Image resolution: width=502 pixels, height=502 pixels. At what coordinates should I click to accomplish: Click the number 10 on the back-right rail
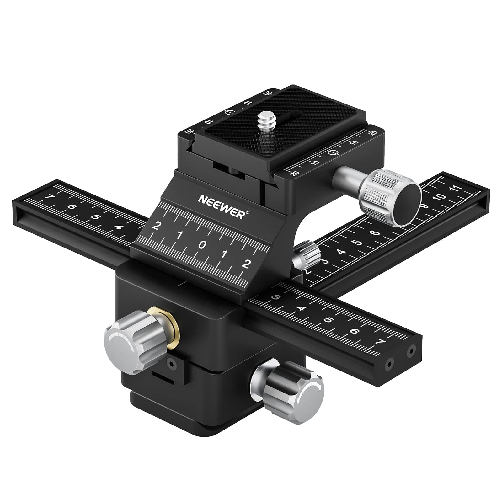pos(440,197)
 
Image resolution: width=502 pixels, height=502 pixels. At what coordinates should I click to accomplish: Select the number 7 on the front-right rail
pos(381,342)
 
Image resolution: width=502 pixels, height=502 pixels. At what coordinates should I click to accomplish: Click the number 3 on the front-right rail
pos(276,297)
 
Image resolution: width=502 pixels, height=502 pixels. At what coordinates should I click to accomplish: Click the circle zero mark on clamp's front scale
pos(333,153)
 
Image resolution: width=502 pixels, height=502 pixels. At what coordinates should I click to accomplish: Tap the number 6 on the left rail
pos(72,207)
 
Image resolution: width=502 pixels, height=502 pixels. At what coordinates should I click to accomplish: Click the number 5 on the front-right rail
pos(328,320)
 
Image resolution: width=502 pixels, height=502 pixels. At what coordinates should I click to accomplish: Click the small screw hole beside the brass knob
pos(171,364)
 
